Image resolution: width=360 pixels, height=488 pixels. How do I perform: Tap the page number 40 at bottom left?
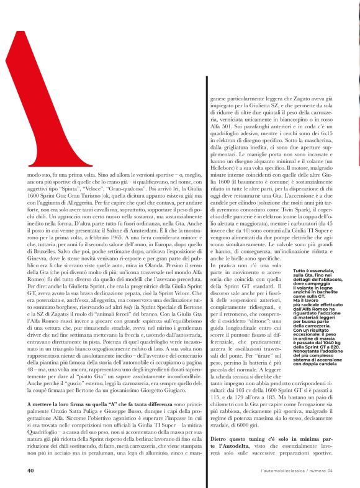point(30,470)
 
